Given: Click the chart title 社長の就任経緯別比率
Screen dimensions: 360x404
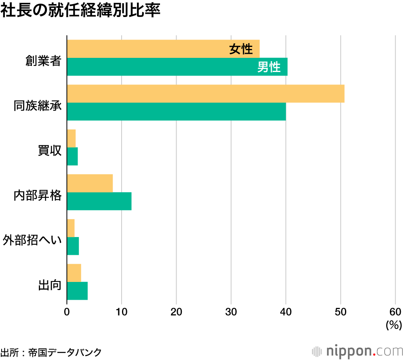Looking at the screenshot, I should click(80, 11).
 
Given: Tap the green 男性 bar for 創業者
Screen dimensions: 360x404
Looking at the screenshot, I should click(162, 67).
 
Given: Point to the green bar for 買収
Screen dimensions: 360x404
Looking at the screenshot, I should click(72, 157).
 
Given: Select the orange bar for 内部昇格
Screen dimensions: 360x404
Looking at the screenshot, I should click(90, 183).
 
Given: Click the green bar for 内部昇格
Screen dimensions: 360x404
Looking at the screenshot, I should click(99, 201).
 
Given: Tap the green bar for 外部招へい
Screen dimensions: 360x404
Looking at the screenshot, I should click(73, 246).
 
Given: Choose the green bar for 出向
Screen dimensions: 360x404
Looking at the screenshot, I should click(77, 291).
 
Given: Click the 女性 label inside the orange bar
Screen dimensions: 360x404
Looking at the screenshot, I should click(241, 49).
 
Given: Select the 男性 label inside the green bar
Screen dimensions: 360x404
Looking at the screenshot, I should click(269, 67).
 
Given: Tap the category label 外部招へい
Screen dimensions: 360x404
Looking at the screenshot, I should click(32, 240).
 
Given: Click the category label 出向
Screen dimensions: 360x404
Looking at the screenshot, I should click(49, 285).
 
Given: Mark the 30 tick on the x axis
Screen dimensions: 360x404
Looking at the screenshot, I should click(231, 312).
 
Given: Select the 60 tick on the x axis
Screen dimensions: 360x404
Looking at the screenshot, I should click(395, 312).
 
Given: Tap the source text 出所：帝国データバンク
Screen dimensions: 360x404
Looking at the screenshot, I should click(51, 352).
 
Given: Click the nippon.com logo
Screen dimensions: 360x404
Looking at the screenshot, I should click(357, 350).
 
